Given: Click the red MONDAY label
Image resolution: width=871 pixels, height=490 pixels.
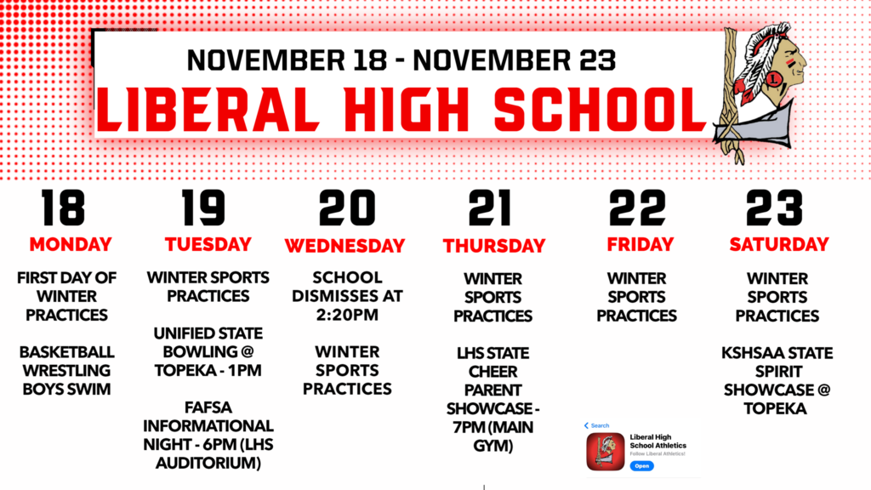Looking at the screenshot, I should pyautogui.click(x=71, y=245).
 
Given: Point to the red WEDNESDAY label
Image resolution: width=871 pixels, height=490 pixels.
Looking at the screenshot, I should pyautogui.click(x=344, y=247).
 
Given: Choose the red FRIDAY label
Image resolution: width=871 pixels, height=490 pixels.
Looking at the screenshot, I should pyautogui.click(x=640, y=245).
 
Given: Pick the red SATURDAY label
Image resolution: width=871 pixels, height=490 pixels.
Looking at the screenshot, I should pyautogui.click(x=778, y=245).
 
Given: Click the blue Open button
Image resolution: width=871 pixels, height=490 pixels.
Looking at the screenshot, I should pyautogui.click(x=641, y=466).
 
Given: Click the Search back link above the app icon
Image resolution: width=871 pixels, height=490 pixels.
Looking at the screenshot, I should pyautogui.click(x=597, y=425).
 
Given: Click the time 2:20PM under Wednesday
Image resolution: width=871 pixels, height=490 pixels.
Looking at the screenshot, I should pyautogui.click(x=347, y=315).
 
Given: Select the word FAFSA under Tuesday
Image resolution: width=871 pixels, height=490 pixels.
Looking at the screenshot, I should pyautogui.click(x=208, y=407).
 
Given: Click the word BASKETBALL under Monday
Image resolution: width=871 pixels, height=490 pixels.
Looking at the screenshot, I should pyautogui.click(x=66, y=352).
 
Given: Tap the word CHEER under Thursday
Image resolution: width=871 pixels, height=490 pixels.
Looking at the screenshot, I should pyautogui.click(x=493, y=372).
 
